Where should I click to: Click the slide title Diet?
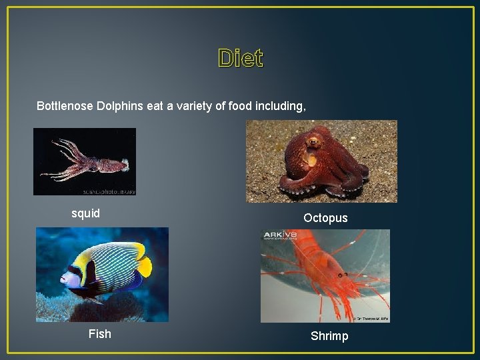coord(240,59)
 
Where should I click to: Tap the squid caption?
coord(85,213)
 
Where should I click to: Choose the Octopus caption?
coord(325,218)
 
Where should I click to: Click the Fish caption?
coord(100,333)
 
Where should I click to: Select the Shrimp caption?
coord(329,336)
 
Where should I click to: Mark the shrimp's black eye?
coord(341,275)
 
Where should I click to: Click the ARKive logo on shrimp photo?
coord(281,235)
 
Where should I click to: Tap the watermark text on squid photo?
coord(110,191)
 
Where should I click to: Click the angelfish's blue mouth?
coord(64,281)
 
